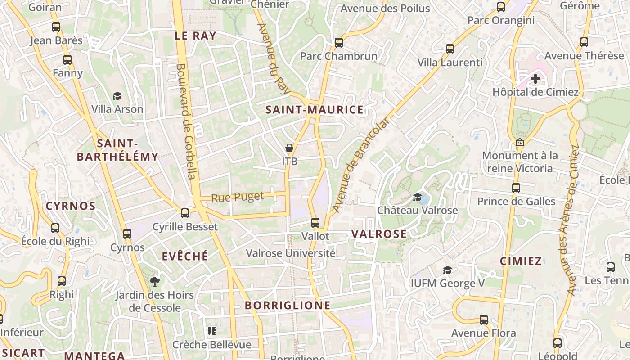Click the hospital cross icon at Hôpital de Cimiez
[x=535, y=79]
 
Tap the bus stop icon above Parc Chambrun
[x=339, y=43]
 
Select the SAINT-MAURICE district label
[x=314, y=110]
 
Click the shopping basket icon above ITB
[x=289, y=148]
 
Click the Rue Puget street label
[x=237, y=197]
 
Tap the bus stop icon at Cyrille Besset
[x=185, y=213]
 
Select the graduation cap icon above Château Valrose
[x=417, y=197]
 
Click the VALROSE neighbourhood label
[x=379, y=234]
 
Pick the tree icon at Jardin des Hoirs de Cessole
[x=154, y=282]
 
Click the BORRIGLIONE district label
[x=288, y=305]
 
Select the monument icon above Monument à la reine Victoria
[x=520, y=142]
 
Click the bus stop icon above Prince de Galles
[x=516, y=188]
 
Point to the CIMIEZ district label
[x=521, y=261]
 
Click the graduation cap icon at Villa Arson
[x=117, y=96]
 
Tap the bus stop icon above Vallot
[x=315, y=222]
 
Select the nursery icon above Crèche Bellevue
[x=211, y=332]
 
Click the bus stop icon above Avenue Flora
[x=484, y=320]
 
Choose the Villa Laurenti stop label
[x=450, y=63]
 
